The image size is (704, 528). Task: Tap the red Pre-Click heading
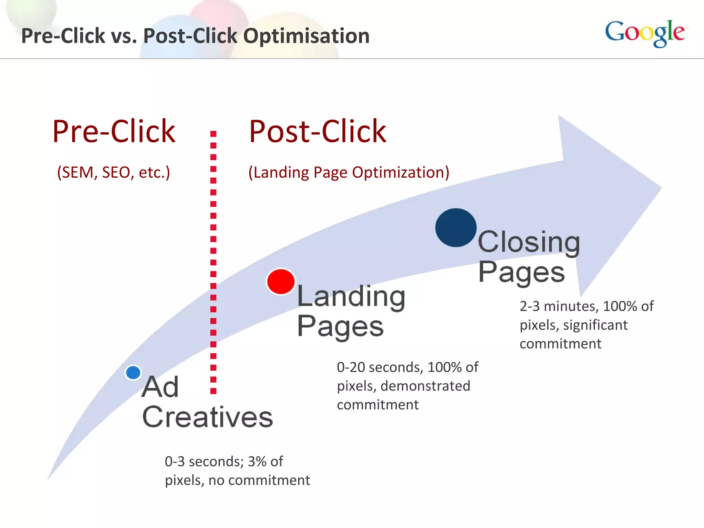coord(114,131)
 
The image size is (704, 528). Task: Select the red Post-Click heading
coord(317,131)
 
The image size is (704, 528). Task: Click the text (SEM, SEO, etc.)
coord(113,172)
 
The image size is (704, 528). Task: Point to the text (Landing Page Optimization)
coord(349,172)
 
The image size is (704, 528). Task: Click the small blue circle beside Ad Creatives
coord(133,372)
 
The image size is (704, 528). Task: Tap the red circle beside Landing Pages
coord(281,282)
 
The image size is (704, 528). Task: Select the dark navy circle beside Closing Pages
coord(456,228)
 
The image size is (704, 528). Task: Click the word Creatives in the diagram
coord(208,417)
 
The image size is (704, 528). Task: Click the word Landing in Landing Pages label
coord(351,296)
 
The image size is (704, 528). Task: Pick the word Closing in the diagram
coord(529,242)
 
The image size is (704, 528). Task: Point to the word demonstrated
coord(425,386)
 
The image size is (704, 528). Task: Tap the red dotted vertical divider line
coord(213,261)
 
